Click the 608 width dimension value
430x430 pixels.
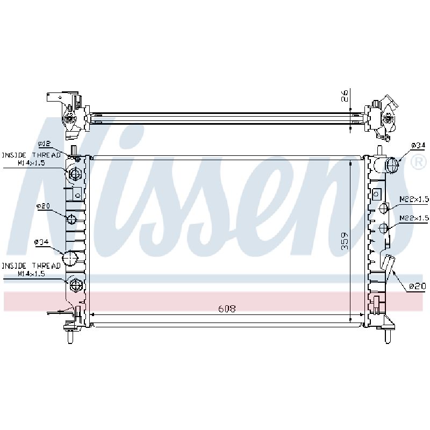227,309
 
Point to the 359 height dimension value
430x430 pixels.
345,241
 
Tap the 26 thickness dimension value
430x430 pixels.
345,96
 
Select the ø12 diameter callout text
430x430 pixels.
45,144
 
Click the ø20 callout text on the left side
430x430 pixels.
43,206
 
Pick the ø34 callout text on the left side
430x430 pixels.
41,242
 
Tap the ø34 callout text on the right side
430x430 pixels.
418,145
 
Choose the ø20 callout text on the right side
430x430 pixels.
418,286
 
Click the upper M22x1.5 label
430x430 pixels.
413,199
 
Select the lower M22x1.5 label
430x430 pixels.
413,218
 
